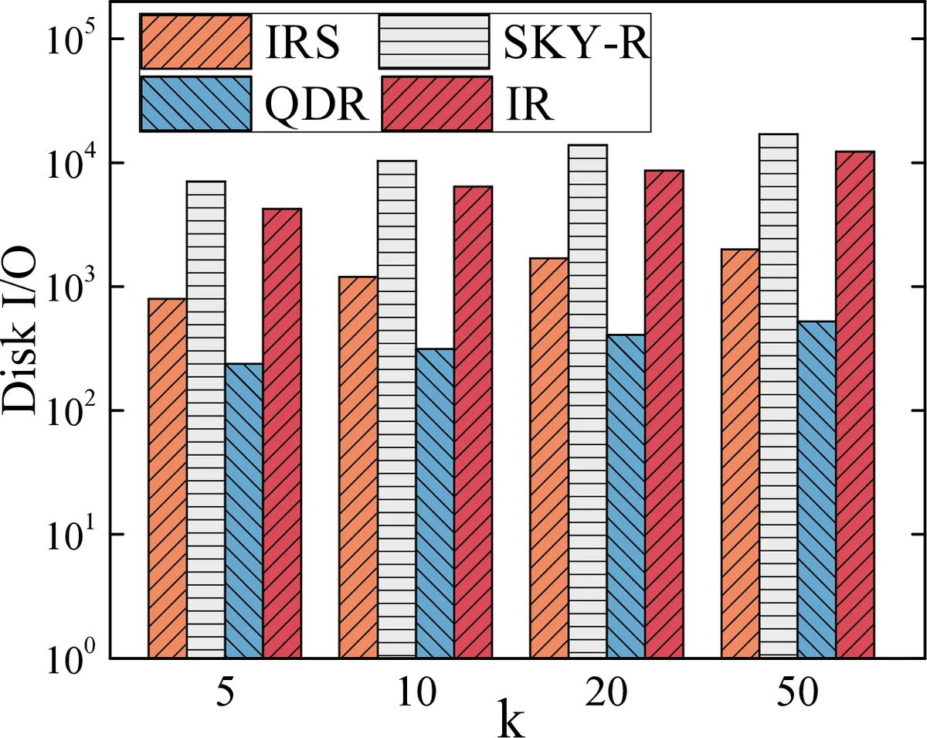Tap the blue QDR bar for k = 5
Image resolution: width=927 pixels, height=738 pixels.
243,510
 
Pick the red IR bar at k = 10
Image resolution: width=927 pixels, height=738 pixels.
473,422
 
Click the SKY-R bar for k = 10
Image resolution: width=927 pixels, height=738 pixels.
397,409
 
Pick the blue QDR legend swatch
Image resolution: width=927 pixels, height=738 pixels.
196,103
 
